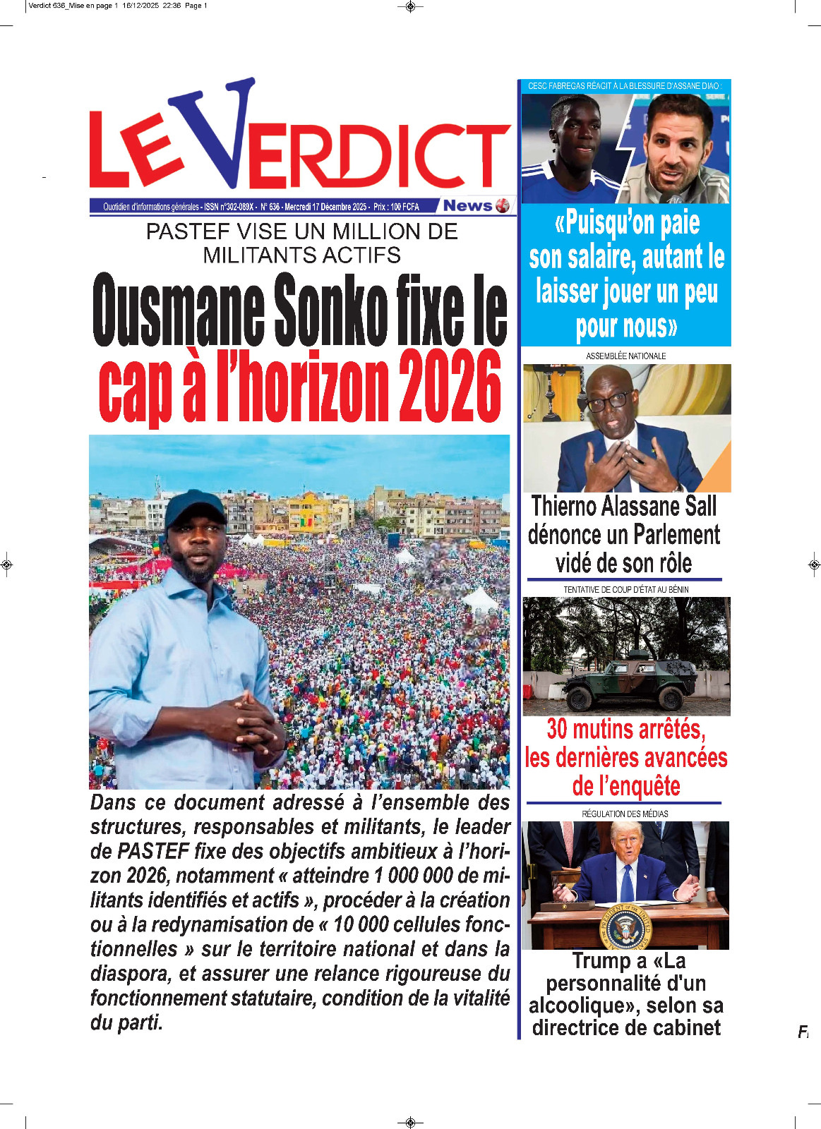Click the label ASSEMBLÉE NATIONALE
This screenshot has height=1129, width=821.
(625, 356)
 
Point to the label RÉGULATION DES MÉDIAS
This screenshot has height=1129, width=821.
(625, 814)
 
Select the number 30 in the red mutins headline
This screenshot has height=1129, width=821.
(557, 729)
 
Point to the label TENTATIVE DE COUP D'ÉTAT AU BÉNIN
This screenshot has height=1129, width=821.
(625, 589)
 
